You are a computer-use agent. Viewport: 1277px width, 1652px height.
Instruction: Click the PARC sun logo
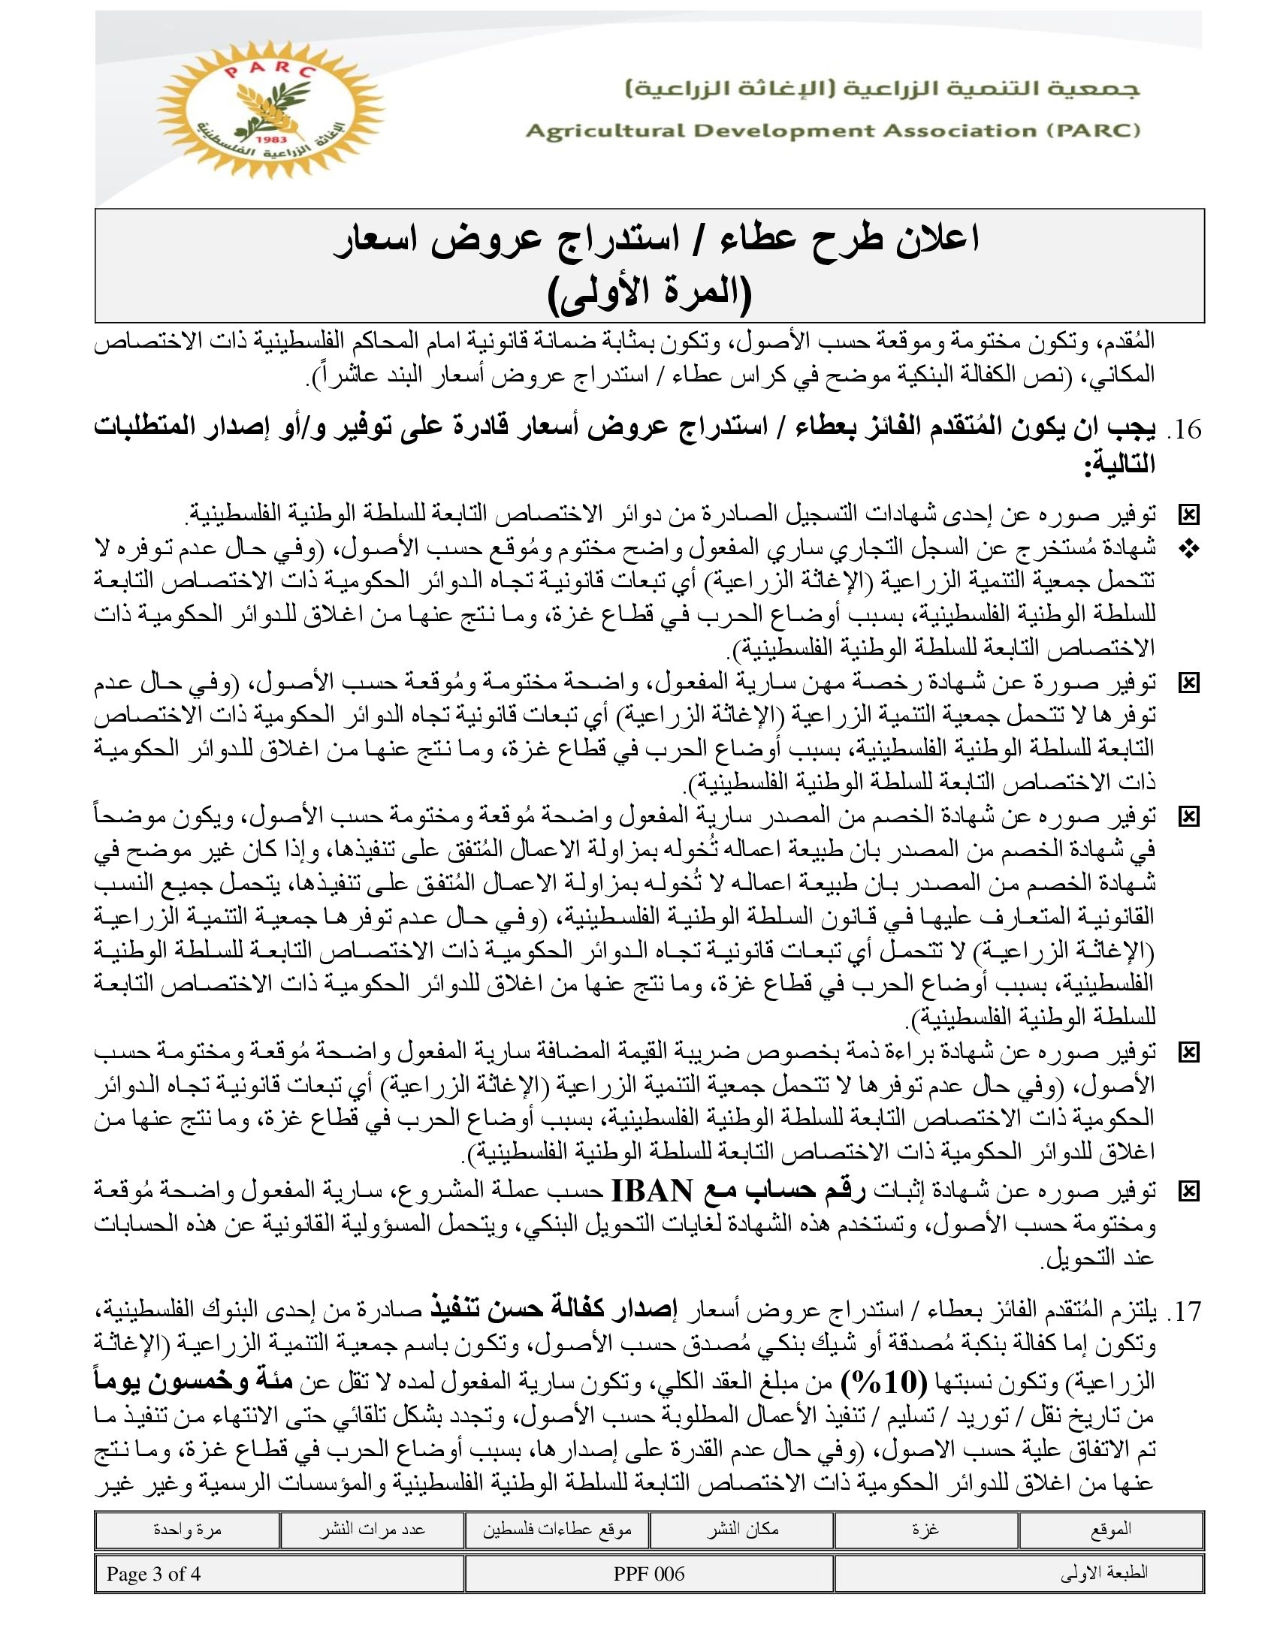pyautogui.click(x=269, y=110)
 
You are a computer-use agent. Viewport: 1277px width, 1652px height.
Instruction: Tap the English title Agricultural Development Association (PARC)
pyautogui.click(x=833, y=131)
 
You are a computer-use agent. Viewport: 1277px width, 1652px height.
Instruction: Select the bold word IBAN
pyautogui.click(x=651, y=1192)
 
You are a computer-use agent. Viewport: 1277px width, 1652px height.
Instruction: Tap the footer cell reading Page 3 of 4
pyautogui.click(x=153, y=1574)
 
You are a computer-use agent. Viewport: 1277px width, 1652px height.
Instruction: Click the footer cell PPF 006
pyautogui.click(x=649, y=1574)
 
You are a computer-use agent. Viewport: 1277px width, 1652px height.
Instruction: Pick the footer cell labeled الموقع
pyautogui.click(x=1111, y=1529)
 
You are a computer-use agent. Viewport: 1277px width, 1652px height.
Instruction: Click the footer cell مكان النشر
pyautogui.click(x=742, y=1529)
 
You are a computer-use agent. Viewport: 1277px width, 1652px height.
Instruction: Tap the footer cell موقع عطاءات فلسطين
pyautogui.click(x=557, y=1529)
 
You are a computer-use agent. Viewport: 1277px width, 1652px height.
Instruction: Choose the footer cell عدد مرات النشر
pyautogui.click(x=371, y=1529)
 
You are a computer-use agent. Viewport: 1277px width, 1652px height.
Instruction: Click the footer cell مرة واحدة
pyautogui.click(x=187, y=1529)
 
